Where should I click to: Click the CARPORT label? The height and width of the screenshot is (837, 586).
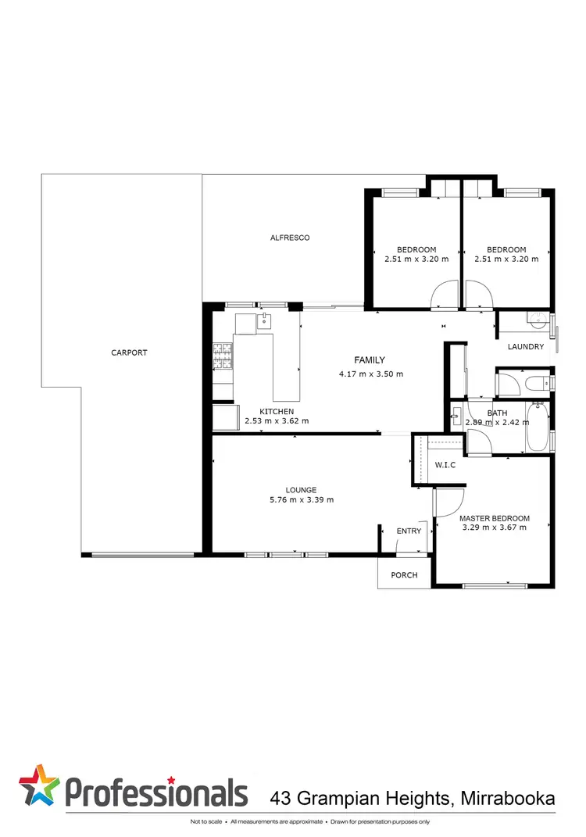click(x=129, y=352)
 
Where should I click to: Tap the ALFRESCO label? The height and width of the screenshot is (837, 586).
click(x=290, y=238)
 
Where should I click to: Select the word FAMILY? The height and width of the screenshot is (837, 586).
click(x=370, y=360)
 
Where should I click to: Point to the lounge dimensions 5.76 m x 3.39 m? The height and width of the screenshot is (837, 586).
click(x=301, y=500)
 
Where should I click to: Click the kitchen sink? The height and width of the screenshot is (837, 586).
click(x=265, y=320)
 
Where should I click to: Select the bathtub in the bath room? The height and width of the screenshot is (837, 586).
click(x=538, y=426)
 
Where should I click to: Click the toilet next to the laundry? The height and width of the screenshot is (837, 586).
click(x=537, y=383)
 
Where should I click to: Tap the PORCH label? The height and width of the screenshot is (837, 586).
click(x=405, y=575)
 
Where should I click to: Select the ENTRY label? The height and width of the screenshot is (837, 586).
click(x=409, y=531)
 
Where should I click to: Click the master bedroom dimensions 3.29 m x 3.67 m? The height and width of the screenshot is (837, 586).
click(x=494, y=528)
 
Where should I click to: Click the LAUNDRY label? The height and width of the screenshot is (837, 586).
click(x=525, y=347)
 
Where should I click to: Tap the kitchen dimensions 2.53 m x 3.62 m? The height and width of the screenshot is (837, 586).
click(x=277, y=421)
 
